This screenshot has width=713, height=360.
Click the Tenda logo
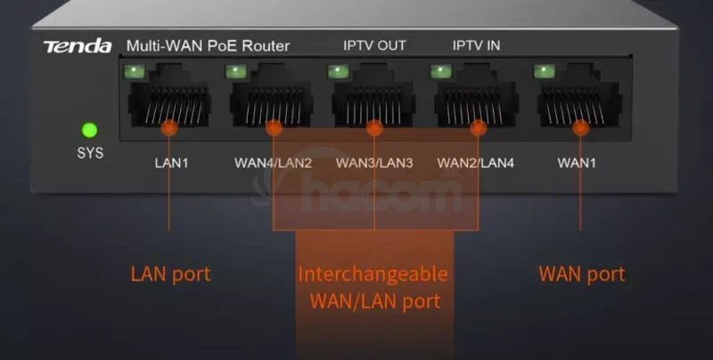(78, 45)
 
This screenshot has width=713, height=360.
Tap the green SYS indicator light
(89, 131)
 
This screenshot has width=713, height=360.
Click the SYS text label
(89, 153)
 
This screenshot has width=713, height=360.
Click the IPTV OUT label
(375, 45)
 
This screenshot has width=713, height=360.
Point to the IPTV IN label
(476, 45)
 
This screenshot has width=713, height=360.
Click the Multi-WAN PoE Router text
(208, 45)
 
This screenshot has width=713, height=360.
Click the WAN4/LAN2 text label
(273, 164)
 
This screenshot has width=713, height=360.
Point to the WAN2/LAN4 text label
(478, 164)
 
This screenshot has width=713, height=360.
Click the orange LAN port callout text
(170, 274)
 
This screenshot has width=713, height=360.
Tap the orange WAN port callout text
(582, 274)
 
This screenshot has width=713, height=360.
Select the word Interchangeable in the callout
(373, 273)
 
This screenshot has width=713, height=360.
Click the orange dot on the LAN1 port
(169, 128)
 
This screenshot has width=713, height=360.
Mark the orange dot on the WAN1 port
(581, 128)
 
